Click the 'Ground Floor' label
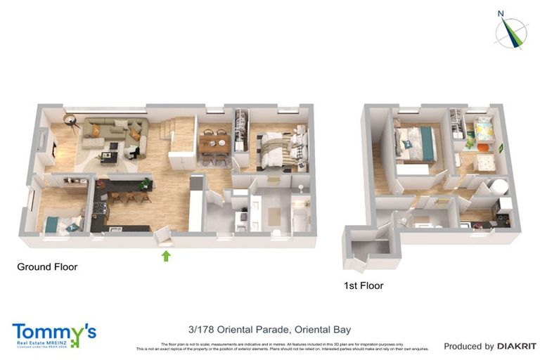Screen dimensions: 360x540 [x=47, y=267]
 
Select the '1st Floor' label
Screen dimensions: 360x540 [x=364, y=285]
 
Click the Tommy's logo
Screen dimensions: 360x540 [x=53, y=335]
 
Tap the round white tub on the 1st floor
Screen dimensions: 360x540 [x=499, y=187]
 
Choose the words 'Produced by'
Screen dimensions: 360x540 [x=468, y=346]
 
